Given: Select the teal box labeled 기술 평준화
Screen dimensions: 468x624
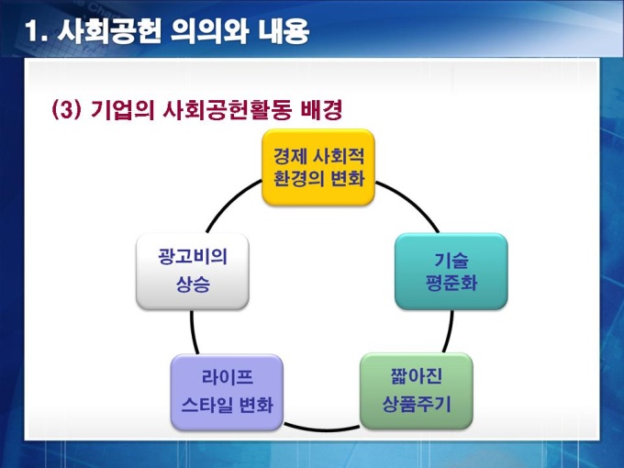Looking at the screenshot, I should pyautogui.click(x=451, y=271).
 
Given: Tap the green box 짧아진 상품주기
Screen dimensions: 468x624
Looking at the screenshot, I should pyautogui.click(x=416, y=391).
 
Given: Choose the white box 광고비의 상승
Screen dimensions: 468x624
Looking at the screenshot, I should pyautogui.click(x=192, y=272).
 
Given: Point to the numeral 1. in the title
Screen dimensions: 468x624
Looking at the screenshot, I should pyautogui.click(x=37, y=33).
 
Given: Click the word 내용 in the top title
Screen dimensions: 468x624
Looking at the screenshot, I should pyautogui.click(x=278, y=33).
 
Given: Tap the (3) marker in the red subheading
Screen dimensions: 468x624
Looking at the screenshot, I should pyautogui.click(x=68, y=111).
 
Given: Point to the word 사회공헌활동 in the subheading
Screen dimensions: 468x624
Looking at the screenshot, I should pyautogui.click(x=226, y=111).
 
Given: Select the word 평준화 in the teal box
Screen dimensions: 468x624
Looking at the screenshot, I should pyautogui.click(x=451, y=284).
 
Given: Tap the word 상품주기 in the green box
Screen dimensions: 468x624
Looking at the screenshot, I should pyautogui.click(x=416, y=404).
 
